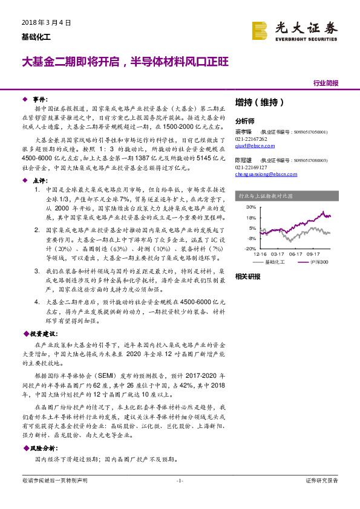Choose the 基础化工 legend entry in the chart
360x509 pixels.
click(275, 262)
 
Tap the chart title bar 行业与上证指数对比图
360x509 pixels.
click(266, 196)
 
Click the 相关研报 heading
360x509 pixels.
click(247, 276)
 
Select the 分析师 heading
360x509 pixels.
click(245, 120)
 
